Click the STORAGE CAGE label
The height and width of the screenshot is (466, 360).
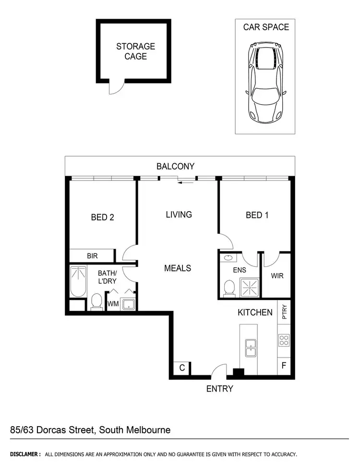click(x=135, y=51)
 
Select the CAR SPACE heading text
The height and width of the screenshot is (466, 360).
click(x=266, y=27)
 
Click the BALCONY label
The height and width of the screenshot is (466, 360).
click(x=175, y=167)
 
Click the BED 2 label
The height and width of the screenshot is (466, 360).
click(x=102, y=217)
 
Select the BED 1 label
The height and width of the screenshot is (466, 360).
click(x=257, y=215)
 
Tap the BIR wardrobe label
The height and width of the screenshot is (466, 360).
click(x=92, y=256)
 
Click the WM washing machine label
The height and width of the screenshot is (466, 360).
click(x=112, y=304)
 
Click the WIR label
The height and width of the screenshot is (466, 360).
click(x=277, y=276)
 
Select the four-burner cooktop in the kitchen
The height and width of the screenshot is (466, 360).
click(x=284, y=340)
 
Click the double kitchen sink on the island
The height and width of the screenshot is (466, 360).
click(x=250, y=348)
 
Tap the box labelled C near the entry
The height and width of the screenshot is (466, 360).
click(x=182, y=368)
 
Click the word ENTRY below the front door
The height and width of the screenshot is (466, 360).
click(x=219, y=389)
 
